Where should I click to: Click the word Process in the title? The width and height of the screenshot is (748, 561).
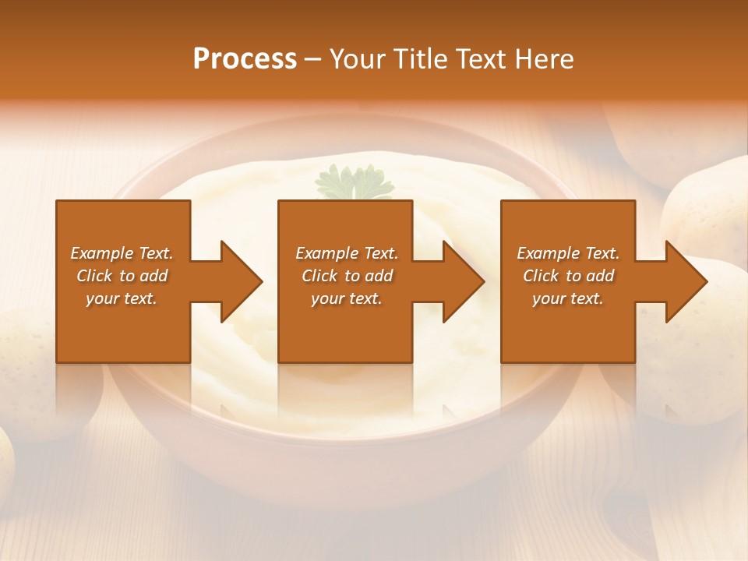245,59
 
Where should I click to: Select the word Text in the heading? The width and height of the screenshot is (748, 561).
480,59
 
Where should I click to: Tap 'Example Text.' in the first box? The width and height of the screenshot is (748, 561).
122,253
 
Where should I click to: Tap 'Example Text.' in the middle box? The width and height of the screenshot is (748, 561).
346,253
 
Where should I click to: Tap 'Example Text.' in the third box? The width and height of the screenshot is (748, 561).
568,253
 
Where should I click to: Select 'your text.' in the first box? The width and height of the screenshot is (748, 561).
122,298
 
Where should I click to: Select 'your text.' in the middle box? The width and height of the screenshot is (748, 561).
346,298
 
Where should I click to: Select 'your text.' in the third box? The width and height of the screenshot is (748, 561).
568,298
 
